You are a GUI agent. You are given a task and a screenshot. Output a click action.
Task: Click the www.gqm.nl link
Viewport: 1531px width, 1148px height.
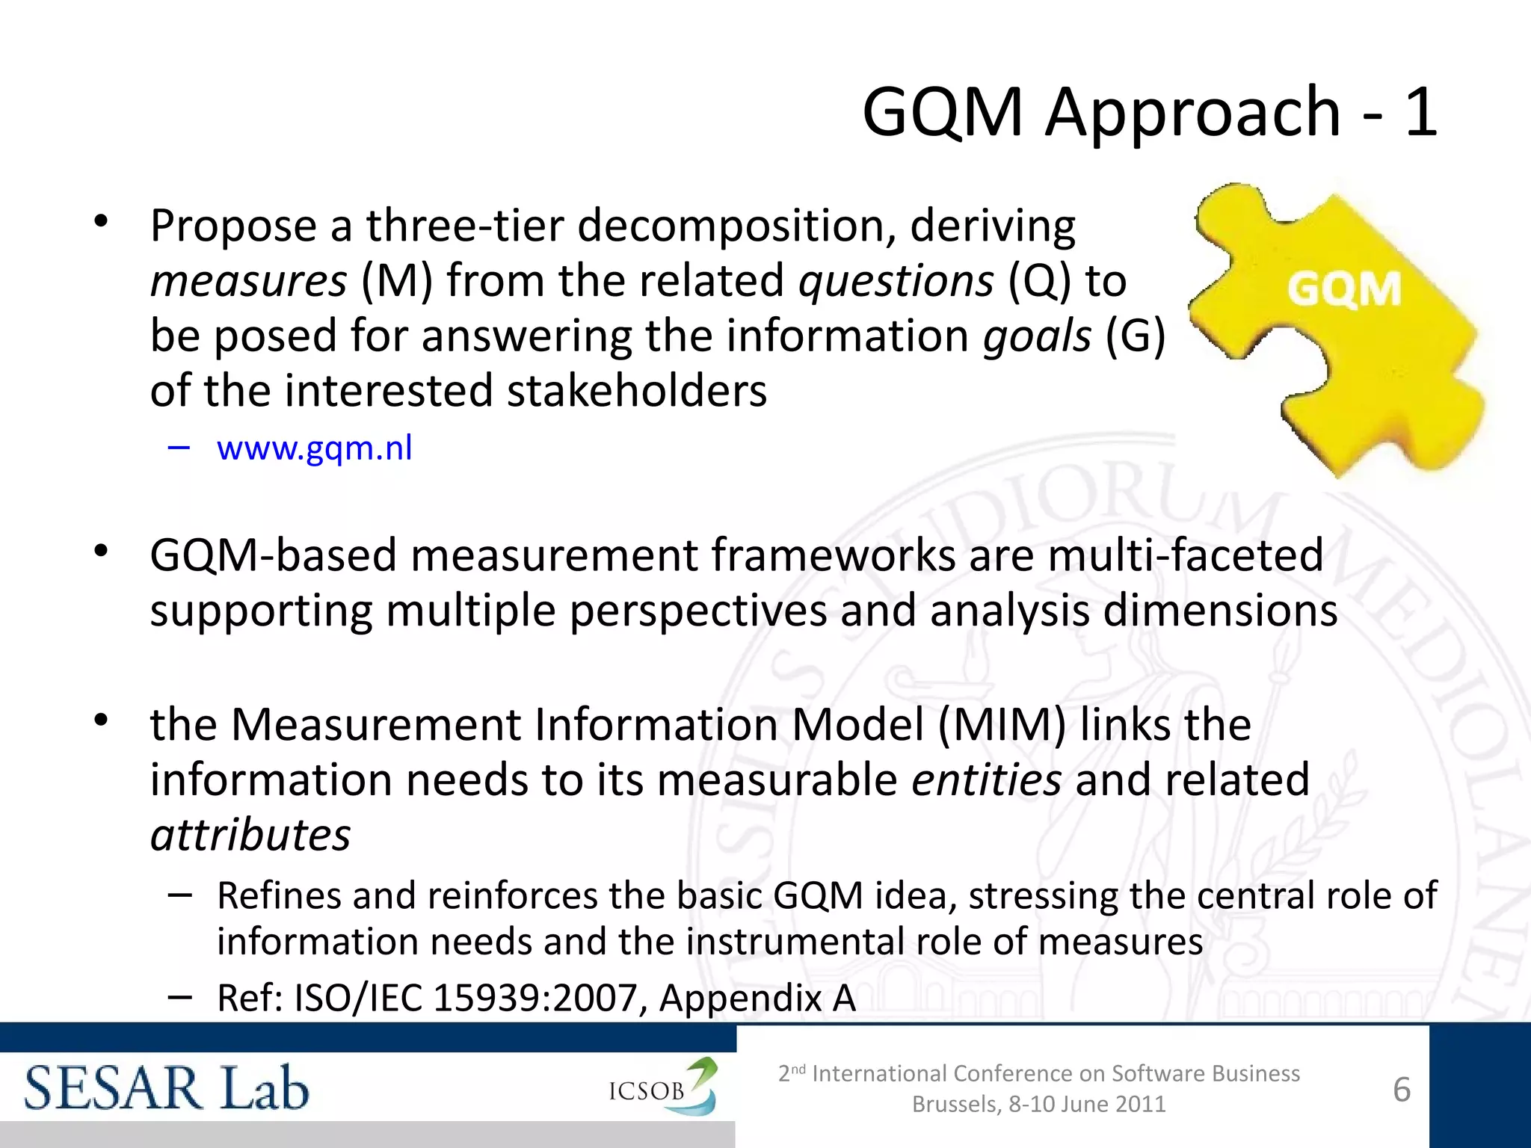point(314,448)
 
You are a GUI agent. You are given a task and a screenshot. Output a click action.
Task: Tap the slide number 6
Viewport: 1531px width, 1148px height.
point(1402,1090)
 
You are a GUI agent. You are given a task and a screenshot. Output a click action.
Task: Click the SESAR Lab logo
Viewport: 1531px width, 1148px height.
point(166,1088)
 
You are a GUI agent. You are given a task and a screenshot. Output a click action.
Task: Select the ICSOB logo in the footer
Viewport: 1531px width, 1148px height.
point(662,1088)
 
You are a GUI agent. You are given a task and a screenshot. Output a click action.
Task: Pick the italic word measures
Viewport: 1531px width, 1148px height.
point(248,281)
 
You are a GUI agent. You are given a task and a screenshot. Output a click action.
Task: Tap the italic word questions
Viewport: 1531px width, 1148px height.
point(896,281)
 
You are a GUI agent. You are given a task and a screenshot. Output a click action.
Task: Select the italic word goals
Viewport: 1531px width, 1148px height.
point(1036,336)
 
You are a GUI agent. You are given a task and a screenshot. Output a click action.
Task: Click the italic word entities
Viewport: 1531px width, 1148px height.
point(986,780)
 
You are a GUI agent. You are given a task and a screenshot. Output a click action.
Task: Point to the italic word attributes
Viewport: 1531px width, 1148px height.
point(250,836)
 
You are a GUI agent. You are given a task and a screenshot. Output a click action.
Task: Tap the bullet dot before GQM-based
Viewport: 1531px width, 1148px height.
point(102,552)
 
